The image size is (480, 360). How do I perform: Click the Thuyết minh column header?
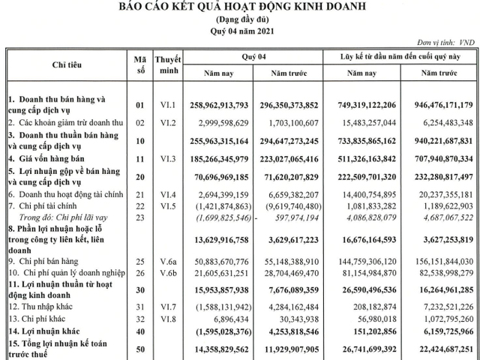[x=169, y=65]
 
